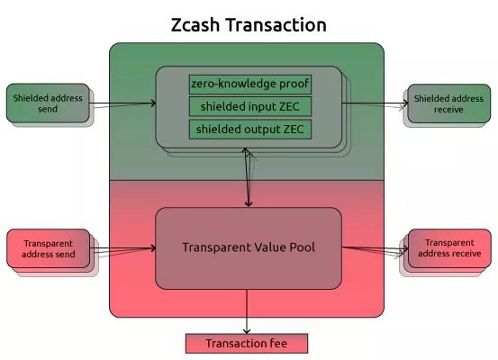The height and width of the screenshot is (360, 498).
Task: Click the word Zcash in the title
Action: click(x=195, y=25)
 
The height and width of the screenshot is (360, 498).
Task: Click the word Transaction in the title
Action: click(x=276, y=25)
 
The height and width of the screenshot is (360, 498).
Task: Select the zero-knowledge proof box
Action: click(x=250, y=85)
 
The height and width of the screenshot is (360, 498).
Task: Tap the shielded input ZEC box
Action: click(x=250, y=107)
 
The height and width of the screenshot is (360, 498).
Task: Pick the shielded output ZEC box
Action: click(x=250, y=130)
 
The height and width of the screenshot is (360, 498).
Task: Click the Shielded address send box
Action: click(x=48, y=103)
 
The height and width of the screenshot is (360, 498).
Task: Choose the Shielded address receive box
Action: click(x=448, y=103)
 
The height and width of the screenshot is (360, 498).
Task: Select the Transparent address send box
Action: click(x=49, y=248)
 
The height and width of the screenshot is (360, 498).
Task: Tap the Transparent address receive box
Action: click(x=449, y=247)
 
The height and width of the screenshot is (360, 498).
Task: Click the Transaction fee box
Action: click(x=247, y=344)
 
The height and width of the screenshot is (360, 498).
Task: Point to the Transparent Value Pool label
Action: click(x=249, y=247)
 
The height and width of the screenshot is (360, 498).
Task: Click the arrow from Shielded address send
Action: click(x=122, y=103)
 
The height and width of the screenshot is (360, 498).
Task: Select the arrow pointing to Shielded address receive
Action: click(x=376, y=103)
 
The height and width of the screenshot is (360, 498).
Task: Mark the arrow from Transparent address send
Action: click(x=122, y=247)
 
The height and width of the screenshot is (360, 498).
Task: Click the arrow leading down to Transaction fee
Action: click(x=247, y=311)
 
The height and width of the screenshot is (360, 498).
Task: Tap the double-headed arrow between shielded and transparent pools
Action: click(x=247, y=177)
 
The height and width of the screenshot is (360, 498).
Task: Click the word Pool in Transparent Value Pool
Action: click(x=303, y=247)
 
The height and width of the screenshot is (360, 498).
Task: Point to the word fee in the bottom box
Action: click(x=278, y=343)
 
